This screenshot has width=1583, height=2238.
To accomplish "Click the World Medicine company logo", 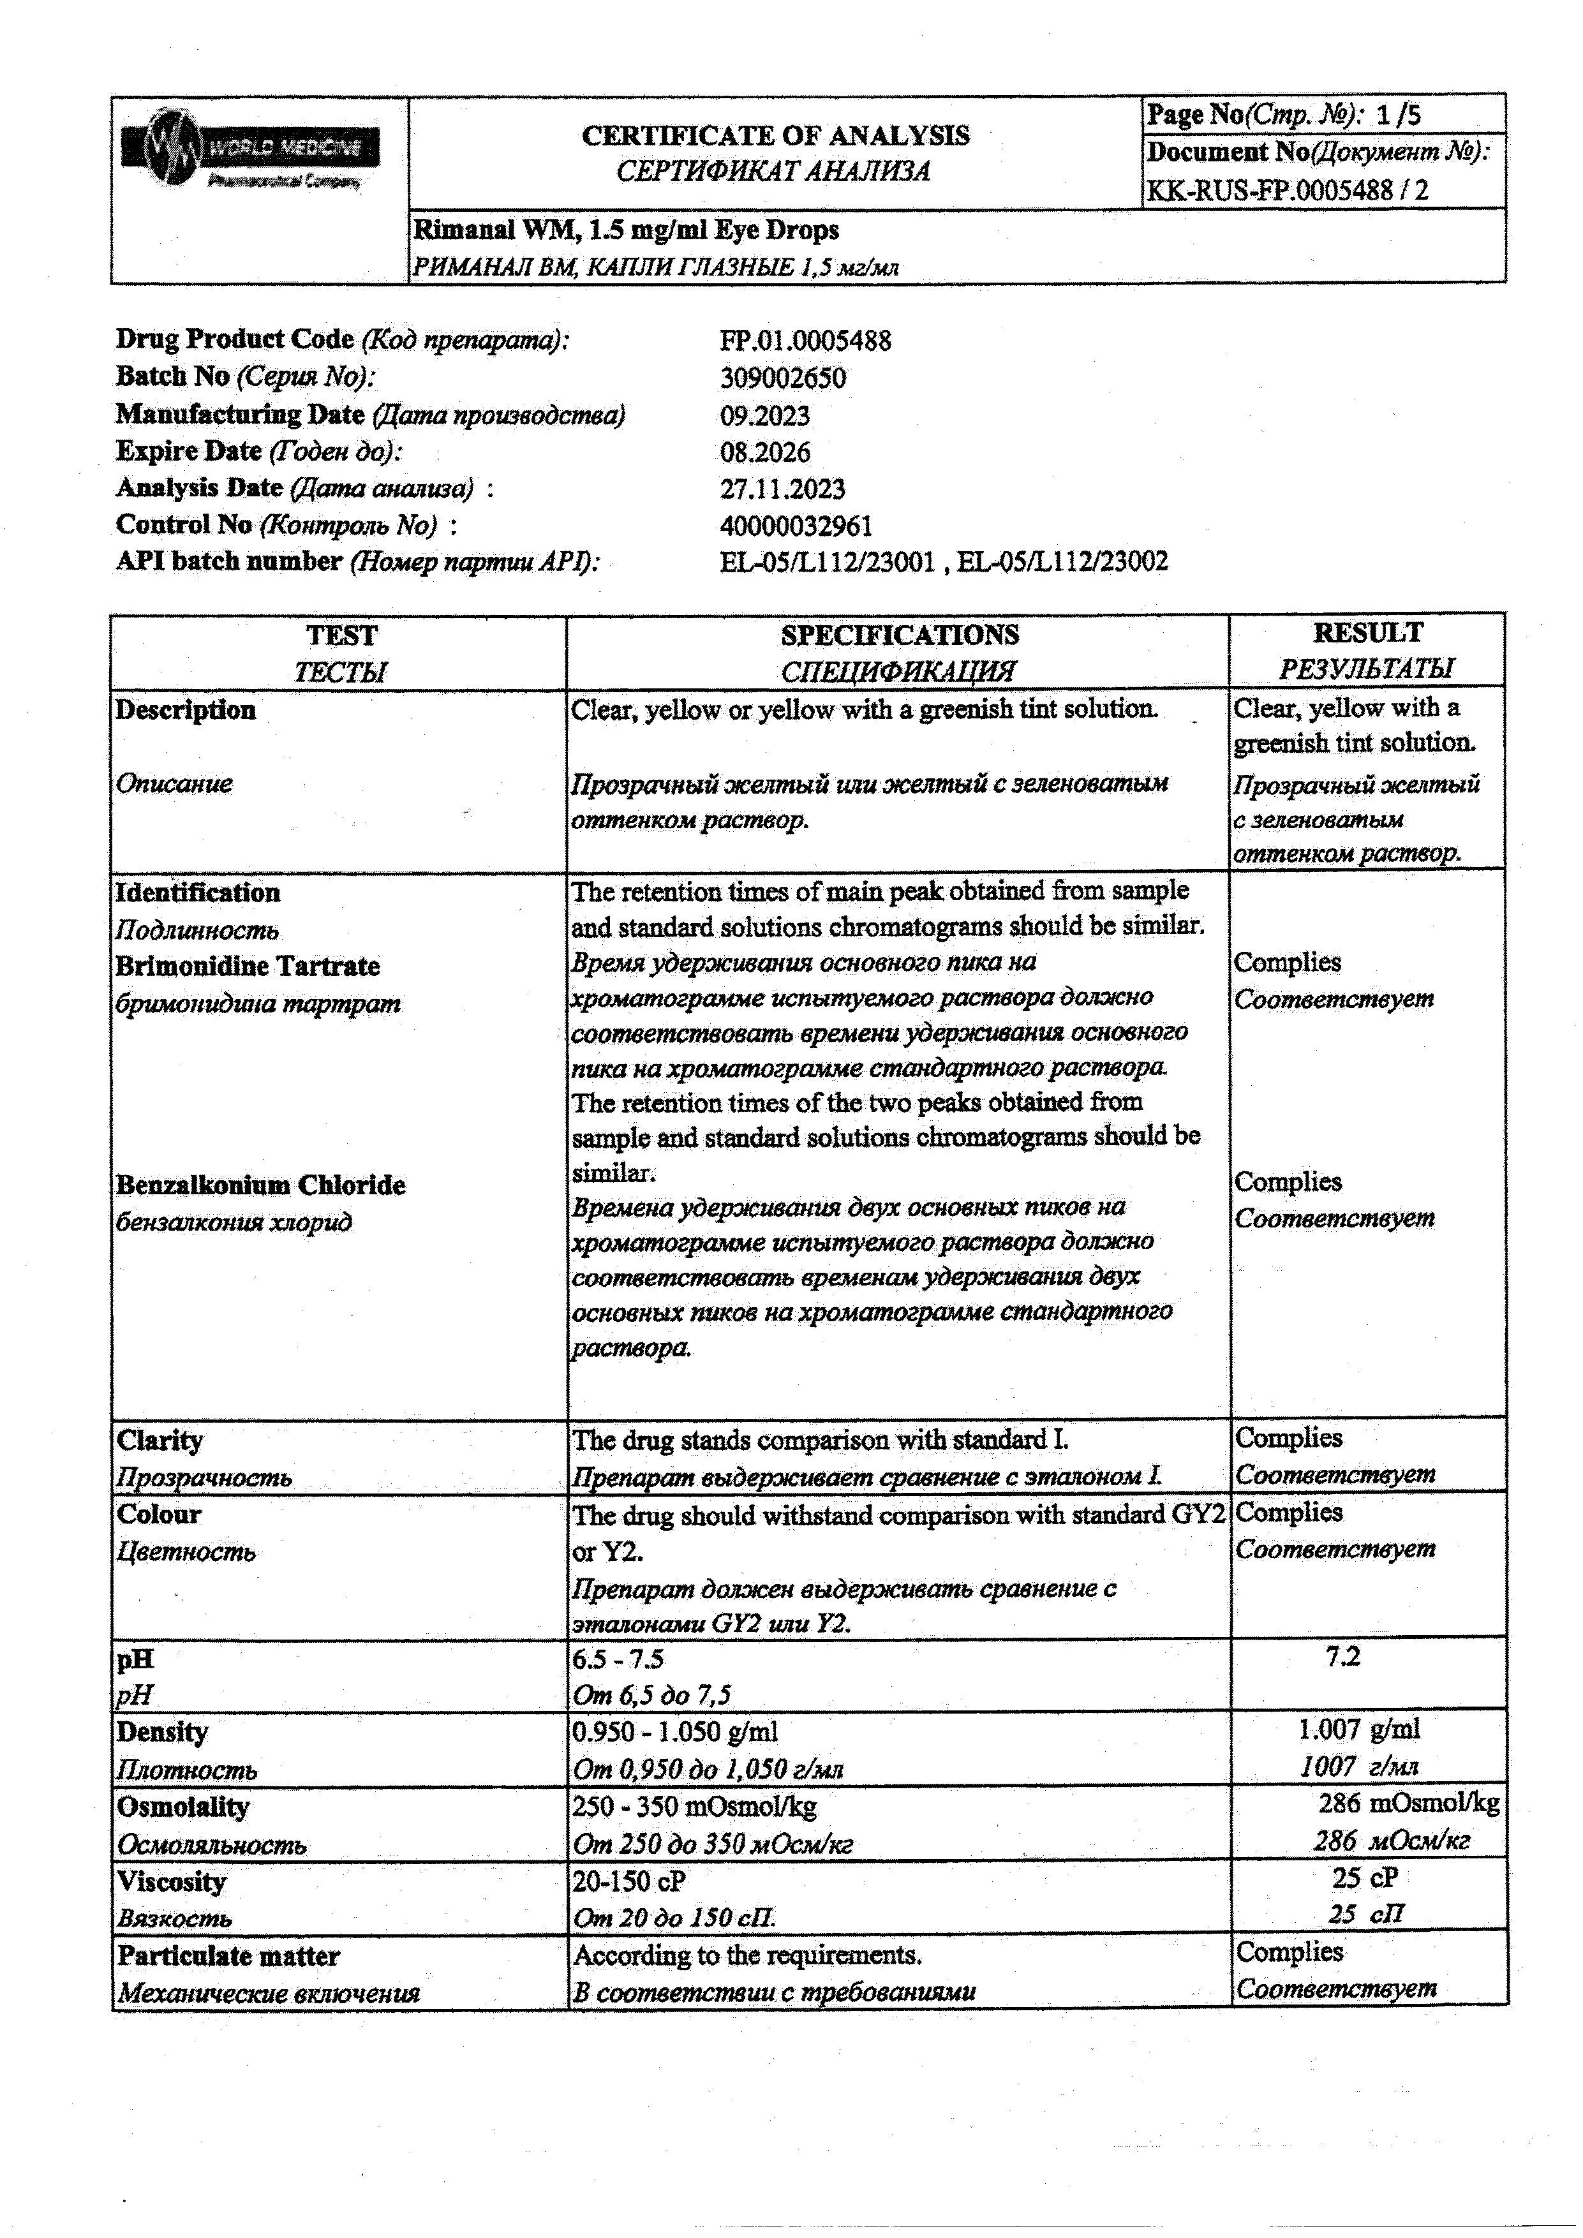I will click(x=249, y=152).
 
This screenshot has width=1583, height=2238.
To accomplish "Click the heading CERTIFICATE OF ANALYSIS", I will click(x=775, y=135).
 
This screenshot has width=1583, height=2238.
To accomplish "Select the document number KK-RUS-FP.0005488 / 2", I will click(x=1287, y=190).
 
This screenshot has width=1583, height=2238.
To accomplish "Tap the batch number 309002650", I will click(x=783, y=378).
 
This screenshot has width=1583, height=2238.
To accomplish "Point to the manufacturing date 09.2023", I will click(x=764, y=416).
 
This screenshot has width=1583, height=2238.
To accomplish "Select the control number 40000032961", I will click(x=796, y=526).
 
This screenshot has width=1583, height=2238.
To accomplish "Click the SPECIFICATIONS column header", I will click(x=899, y=635).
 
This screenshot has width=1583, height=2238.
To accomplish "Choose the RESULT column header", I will click(x=1367, y=634).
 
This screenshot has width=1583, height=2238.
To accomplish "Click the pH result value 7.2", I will click(x=1342, y=1656).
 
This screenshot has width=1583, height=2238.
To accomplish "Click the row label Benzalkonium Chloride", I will click(x=260, y=1185).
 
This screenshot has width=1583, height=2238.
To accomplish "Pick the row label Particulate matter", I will click(x=228, y=1955).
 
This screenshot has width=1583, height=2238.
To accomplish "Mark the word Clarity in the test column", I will click(x=160, y=1440).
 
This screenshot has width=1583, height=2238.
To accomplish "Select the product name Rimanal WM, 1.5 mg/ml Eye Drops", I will click(x=626, y=230).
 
